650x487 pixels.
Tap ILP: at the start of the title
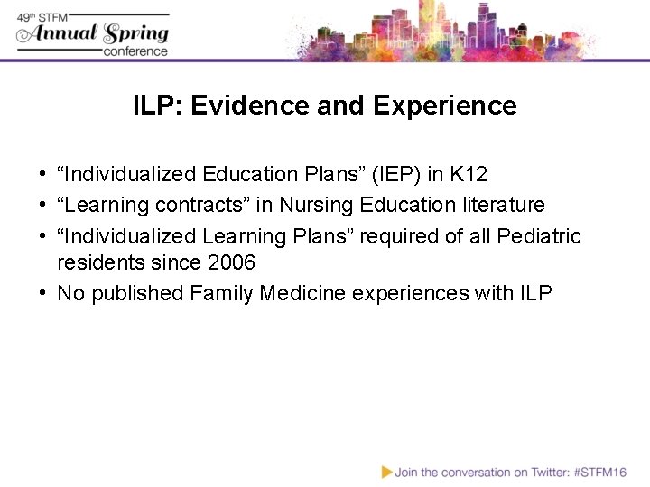coord(159,106)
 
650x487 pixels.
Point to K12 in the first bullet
coord(470,174)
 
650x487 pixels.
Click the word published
coord(138,293)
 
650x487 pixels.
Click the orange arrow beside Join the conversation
coord(386,472)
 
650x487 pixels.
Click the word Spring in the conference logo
coord(135,34)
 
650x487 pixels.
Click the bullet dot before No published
coord(43,293)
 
